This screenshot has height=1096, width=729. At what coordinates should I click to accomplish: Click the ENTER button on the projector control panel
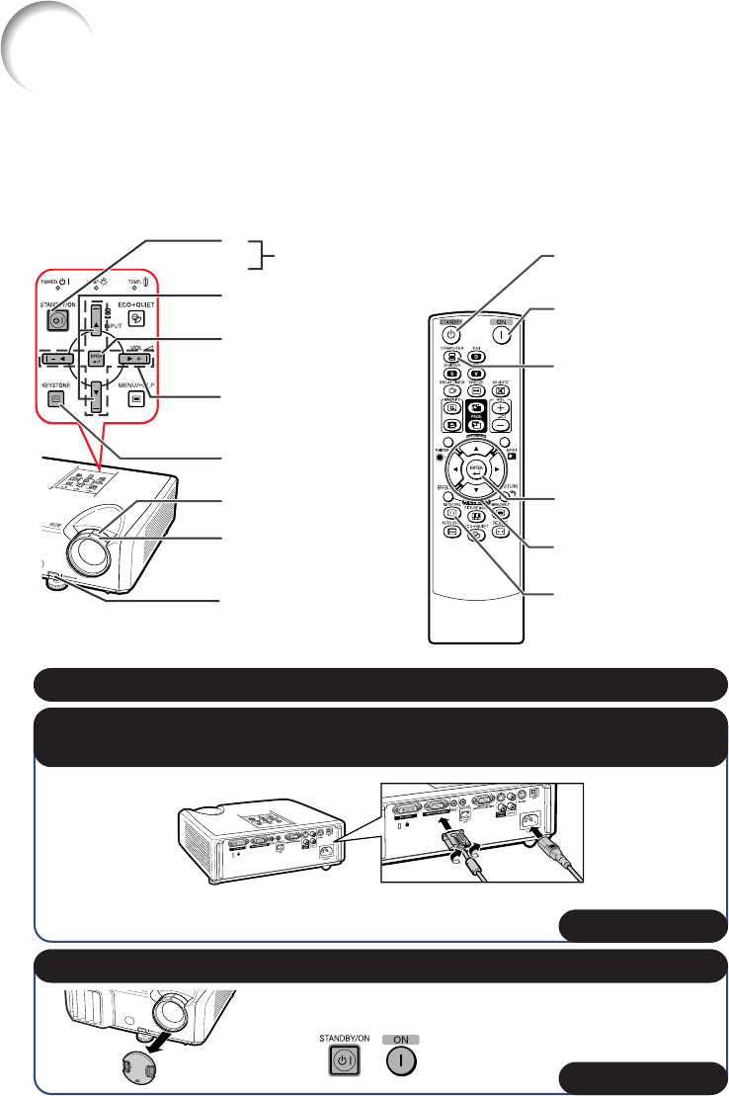point(97,358)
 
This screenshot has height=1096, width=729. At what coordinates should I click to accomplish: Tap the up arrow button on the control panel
point(97,318)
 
